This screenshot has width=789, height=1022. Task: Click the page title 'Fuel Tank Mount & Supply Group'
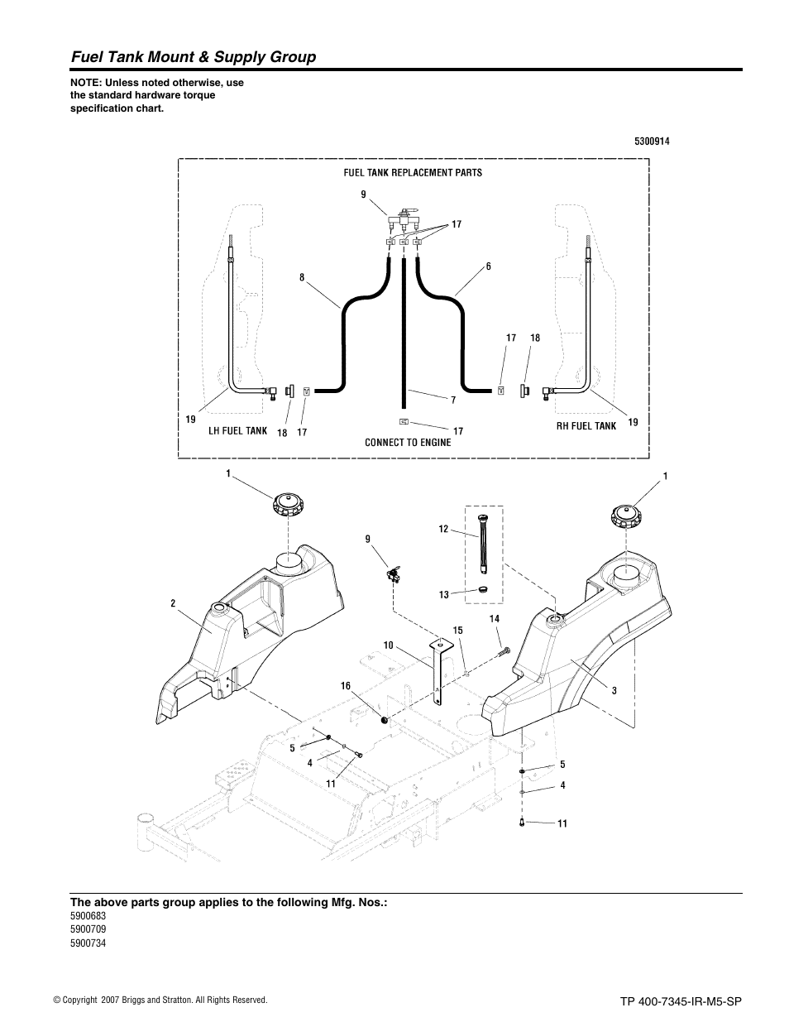tap(193, 57)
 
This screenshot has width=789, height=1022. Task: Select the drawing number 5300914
tap(652, 142)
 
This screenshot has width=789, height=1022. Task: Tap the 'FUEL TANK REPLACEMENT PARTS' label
tap(413, 173)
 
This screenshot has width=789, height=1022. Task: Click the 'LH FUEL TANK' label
tap(237, 430)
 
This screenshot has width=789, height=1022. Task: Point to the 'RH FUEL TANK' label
tap(586, 426)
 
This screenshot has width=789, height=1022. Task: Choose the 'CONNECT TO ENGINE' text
tap(408, 442)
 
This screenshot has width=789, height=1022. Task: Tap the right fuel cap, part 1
tap(628, 516)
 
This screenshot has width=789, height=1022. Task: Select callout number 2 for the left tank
tap(173, 603)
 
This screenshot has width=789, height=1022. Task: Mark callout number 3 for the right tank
tap(614, 689)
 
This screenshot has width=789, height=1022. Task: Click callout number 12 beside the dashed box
tap(443, 529)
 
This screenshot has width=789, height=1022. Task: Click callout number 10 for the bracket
tap(388, 645)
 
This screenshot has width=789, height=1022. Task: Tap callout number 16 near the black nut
tap(347, 685)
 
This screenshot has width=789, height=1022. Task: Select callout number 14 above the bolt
tap(495, 619)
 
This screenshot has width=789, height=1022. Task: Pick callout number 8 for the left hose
tap(302, 278)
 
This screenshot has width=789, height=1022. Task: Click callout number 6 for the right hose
tap(488, 266)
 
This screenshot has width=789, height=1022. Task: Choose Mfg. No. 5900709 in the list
tap(88, 929)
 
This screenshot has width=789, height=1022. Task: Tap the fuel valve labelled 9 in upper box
tap(403, 218)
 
